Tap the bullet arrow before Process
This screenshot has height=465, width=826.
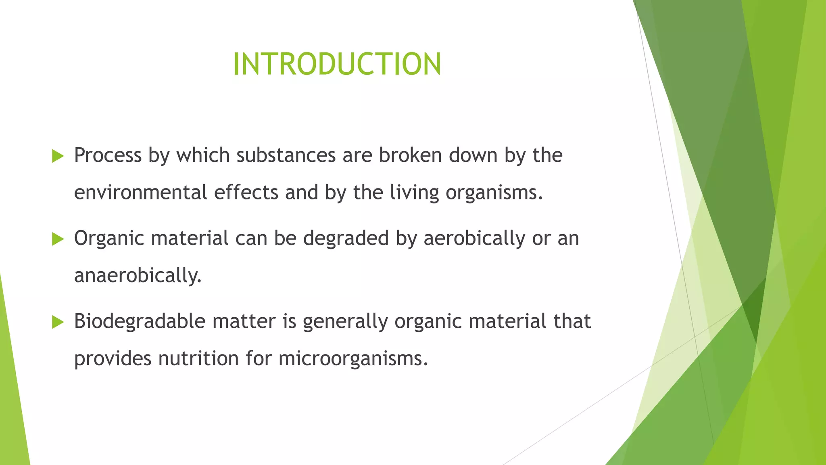point(58,156)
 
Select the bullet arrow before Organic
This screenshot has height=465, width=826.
point(58,239)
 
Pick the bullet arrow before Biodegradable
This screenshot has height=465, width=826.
point(58,322)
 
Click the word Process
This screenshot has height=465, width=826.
point(108,155)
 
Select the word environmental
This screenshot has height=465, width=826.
point(140,193)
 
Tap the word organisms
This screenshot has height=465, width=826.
point(494,193)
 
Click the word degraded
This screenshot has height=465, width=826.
point(346,238)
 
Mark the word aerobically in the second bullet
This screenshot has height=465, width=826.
point(474,238)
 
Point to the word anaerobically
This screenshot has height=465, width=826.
point(138,276)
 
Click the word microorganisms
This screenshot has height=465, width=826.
point(353,358)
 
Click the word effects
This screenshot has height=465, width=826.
point(246,193)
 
